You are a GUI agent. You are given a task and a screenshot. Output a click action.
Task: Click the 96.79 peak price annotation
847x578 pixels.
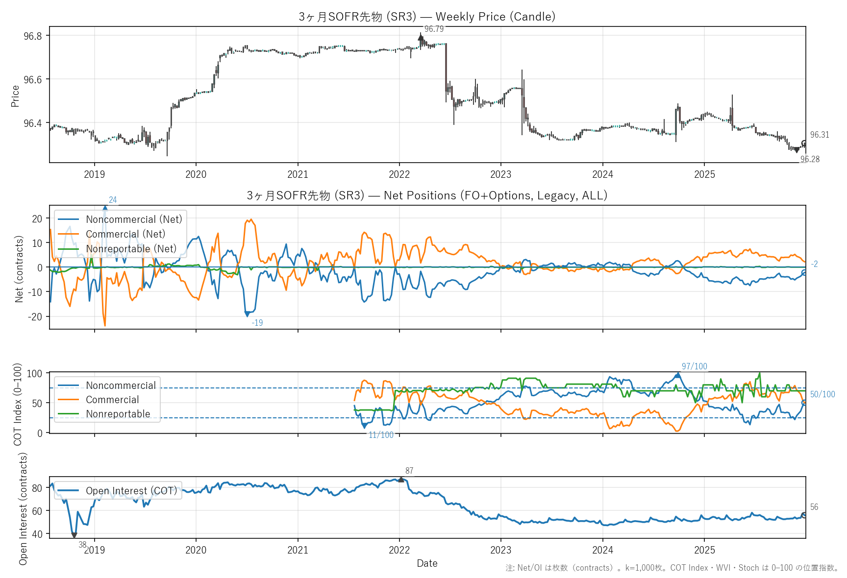coord(434,29)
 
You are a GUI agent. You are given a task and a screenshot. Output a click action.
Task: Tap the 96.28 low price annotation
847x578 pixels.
coord(810,159)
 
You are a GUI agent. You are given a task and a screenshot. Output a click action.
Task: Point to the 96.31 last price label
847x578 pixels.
coord(820,135)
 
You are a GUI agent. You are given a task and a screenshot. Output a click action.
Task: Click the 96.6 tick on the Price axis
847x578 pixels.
coord(33,79)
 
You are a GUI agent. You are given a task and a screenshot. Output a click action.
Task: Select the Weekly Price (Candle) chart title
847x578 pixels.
coord(427,17)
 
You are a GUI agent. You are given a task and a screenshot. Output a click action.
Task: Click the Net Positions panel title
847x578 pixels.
coord(427,195)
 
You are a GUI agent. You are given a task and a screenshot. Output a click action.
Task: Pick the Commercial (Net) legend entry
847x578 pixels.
coord(125,234)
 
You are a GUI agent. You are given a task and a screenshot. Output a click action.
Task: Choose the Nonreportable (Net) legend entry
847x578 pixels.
coord(131,249)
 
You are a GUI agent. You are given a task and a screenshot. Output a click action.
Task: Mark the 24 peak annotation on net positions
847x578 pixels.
coord(113,200)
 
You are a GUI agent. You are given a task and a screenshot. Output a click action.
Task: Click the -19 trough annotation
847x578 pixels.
coord(257,323)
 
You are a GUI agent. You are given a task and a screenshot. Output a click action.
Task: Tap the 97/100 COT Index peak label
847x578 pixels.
coord(694,366)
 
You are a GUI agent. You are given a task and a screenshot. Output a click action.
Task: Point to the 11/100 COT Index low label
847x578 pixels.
coord(381,435)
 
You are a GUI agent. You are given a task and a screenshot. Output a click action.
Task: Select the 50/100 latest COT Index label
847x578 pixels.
coord(822,394)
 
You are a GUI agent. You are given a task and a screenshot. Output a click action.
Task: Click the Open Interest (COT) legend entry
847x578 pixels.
coord(131,491)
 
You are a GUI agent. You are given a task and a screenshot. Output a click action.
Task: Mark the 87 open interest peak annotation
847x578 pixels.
coord(409,471)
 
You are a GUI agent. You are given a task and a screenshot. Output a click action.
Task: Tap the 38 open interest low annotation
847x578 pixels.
coord(82,545)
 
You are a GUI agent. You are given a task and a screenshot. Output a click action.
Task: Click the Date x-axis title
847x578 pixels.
coord(427,563)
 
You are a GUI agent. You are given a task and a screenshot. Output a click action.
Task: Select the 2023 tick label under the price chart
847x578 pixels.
coord(500,174)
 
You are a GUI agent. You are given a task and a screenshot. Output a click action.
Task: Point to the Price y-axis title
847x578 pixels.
coord(15,96)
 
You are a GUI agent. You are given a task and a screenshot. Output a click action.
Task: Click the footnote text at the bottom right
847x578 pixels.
coord(672,568)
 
